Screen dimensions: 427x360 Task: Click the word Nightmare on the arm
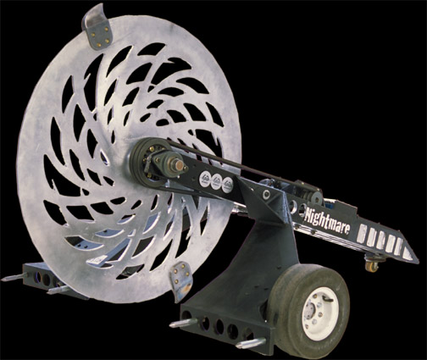click(327, 222)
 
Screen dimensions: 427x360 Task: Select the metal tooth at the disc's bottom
click(180, 281)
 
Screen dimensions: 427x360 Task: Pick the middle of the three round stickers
click(217, 180)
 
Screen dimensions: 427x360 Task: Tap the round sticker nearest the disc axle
click(205, 178)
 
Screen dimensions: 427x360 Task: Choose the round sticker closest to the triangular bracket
click(228, 185)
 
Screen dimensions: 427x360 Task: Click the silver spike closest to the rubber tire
click(251, 343)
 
